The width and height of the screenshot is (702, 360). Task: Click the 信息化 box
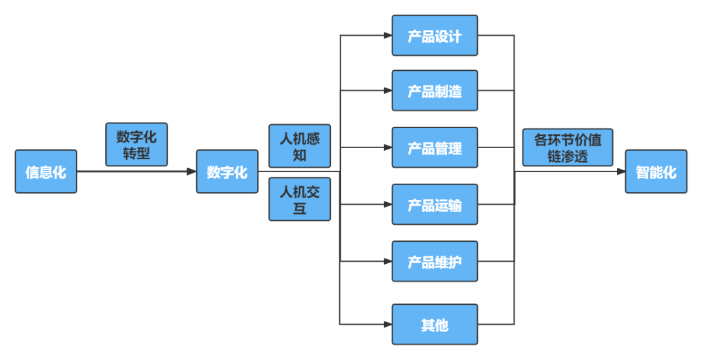[45, 172]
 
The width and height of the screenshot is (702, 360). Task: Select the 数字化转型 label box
[136, 145]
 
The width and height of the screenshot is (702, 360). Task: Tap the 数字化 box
[227, 172]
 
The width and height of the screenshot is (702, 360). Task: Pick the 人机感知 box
[300, 146]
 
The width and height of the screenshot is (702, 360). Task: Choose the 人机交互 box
[300, 199]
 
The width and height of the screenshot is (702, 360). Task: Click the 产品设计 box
[435, 36]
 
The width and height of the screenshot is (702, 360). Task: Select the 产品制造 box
[435, 91]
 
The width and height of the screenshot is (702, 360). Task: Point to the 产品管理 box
[435, 148]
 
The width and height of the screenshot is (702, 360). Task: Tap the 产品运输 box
[435, 205]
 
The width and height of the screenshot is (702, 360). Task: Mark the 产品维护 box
[435, 261]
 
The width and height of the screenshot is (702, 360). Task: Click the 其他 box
[435, 324]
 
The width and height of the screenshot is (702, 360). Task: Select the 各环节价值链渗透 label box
[568, 148]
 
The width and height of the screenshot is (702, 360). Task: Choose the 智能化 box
[656, 172]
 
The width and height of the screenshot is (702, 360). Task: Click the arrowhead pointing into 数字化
[192, 172]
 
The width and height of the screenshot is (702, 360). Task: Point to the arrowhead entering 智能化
[621, 172]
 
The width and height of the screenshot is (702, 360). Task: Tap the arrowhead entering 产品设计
[387, 36]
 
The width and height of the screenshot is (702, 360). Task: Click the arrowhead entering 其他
[387, 324]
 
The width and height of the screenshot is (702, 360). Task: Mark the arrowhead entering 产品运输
[387, 205]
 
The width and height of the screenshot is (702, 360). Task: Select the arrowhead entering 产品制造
[387, 91]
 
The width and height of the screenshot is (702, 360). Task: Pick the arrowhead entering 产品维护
[387, 261]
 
